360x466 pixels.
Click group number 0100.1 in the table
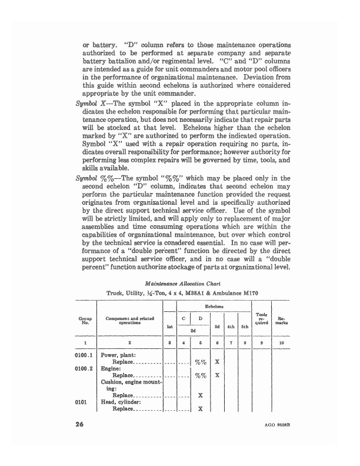(86, 355)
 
